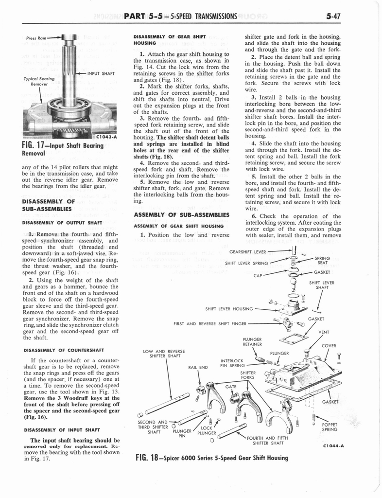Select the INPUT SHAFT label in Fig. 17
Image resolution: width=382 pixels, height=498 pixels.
point(101,73)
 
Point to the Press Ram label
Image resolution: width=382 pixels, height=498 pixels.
point(37,37)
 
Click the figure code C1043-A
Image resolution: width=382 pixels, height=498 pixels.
point(105,137)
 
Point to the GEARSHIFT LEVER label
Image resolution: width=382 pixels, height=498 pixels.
point(247,252)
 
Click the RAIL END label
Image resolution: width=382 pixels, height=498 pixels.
point(198,367)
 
